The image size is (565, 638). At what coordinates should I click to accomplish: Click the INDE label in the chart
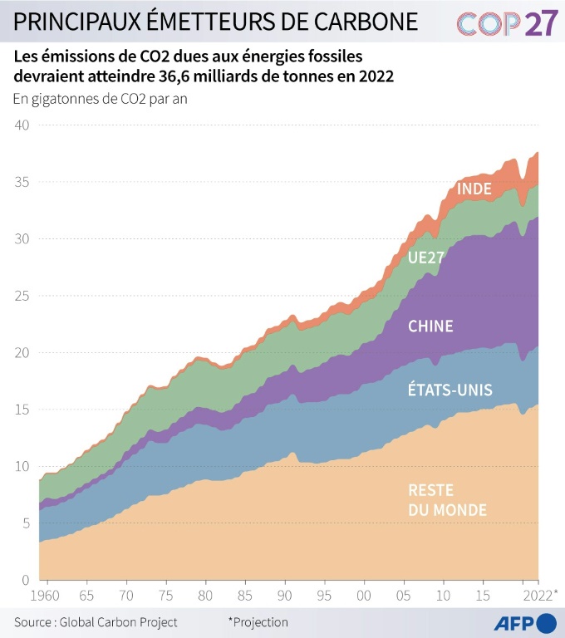coord(474,189)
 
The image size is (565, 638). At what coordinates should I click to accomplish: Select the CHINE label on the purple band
coord(430,326)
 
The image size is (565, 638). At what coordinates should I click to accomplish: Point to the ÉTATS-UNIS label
coord(450,390)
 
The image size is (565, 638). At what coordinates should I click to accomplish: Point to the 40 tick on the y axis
coord(22,125)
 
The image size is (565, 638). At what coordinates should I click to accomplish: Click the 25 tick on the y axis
coord(22,296)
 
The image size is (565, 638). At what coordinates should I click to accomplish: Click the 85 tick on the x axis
coord(245,596)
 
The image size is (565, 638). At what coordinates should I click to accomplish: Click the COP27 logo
coord(507,24)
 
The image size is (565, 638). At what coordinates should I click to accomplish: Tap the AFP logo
coord(525,622)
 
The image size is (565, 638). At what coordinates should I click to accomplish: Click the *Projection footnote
coord(258,622)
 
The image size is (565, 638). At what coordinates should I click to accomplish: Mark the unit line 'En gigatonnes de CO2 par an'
coord(106,99)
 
